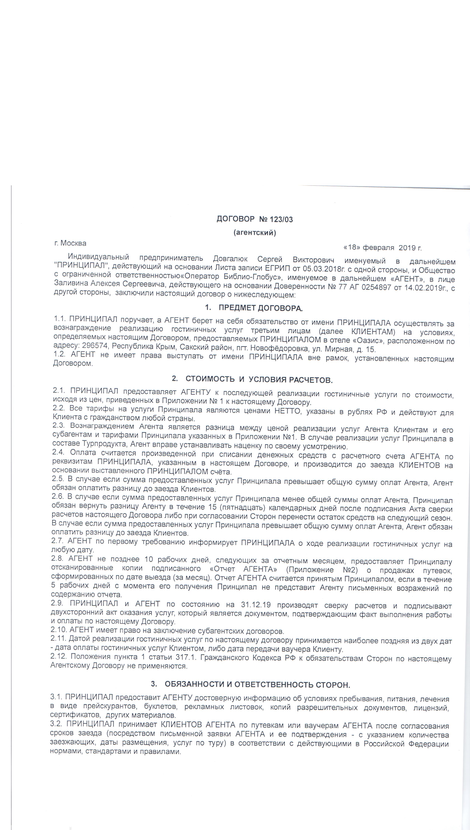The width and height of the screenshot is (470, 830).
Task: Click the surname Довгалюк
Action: click(230, 259)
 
